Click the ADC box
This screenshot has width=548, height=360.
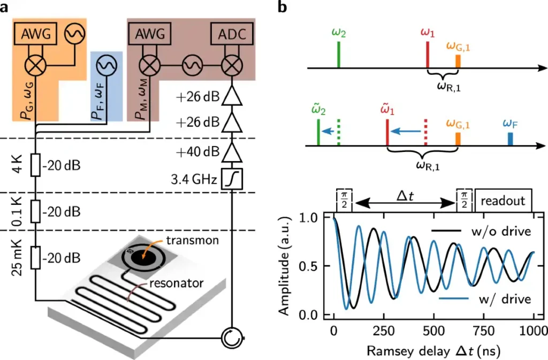pyautogui.click(x=232, y=34)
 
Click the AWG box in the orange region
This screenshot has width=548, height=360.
pyautogui.click(x=36, y=34)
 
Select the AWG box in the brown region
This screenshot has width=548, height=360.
pyautogui.click(x=150, y=34)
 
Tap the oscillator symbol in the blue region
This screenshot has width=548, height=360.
pyautogui.click(x=107, y=65)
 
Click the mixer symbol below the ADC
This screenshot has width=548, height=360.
pyautogui.click(x=232, y=65)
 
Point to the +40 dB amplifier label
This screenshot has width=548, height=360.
pyautogui.click(x=198, y=152)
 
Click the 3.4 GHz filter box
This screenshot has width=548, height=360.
pyautogui.click(x=232, y=179)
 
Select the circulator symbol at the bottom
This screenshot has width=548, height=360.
pyautogui.click(x=232, y=338)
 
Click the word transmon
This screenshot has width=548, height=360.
pyautogui.click(x=193, y=240)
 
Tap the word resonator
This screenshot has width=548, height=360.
pyautogui.click(x=177, y=283)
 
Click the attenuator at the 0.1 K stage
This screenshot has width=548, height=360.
pyautogui.click(x=36, y=212)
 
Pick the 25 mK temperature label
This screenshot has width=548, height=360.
pyautogui.click(x=17, y=258)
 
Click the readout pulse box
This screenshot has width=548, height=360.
pyautogui.click(x=503, y=201)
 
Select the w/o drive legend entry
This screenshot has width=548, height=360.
pyautogui.click(x=481, y=231)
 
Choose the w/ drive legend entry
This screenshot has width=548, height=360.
pyautogui.click(x=485, y=299)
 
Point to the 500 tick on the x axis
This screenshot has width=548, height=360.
pyautogui.click(x=433, y=331)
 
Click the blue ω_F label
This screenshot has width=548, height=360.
pyautogui.click(x=511, y=124)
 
